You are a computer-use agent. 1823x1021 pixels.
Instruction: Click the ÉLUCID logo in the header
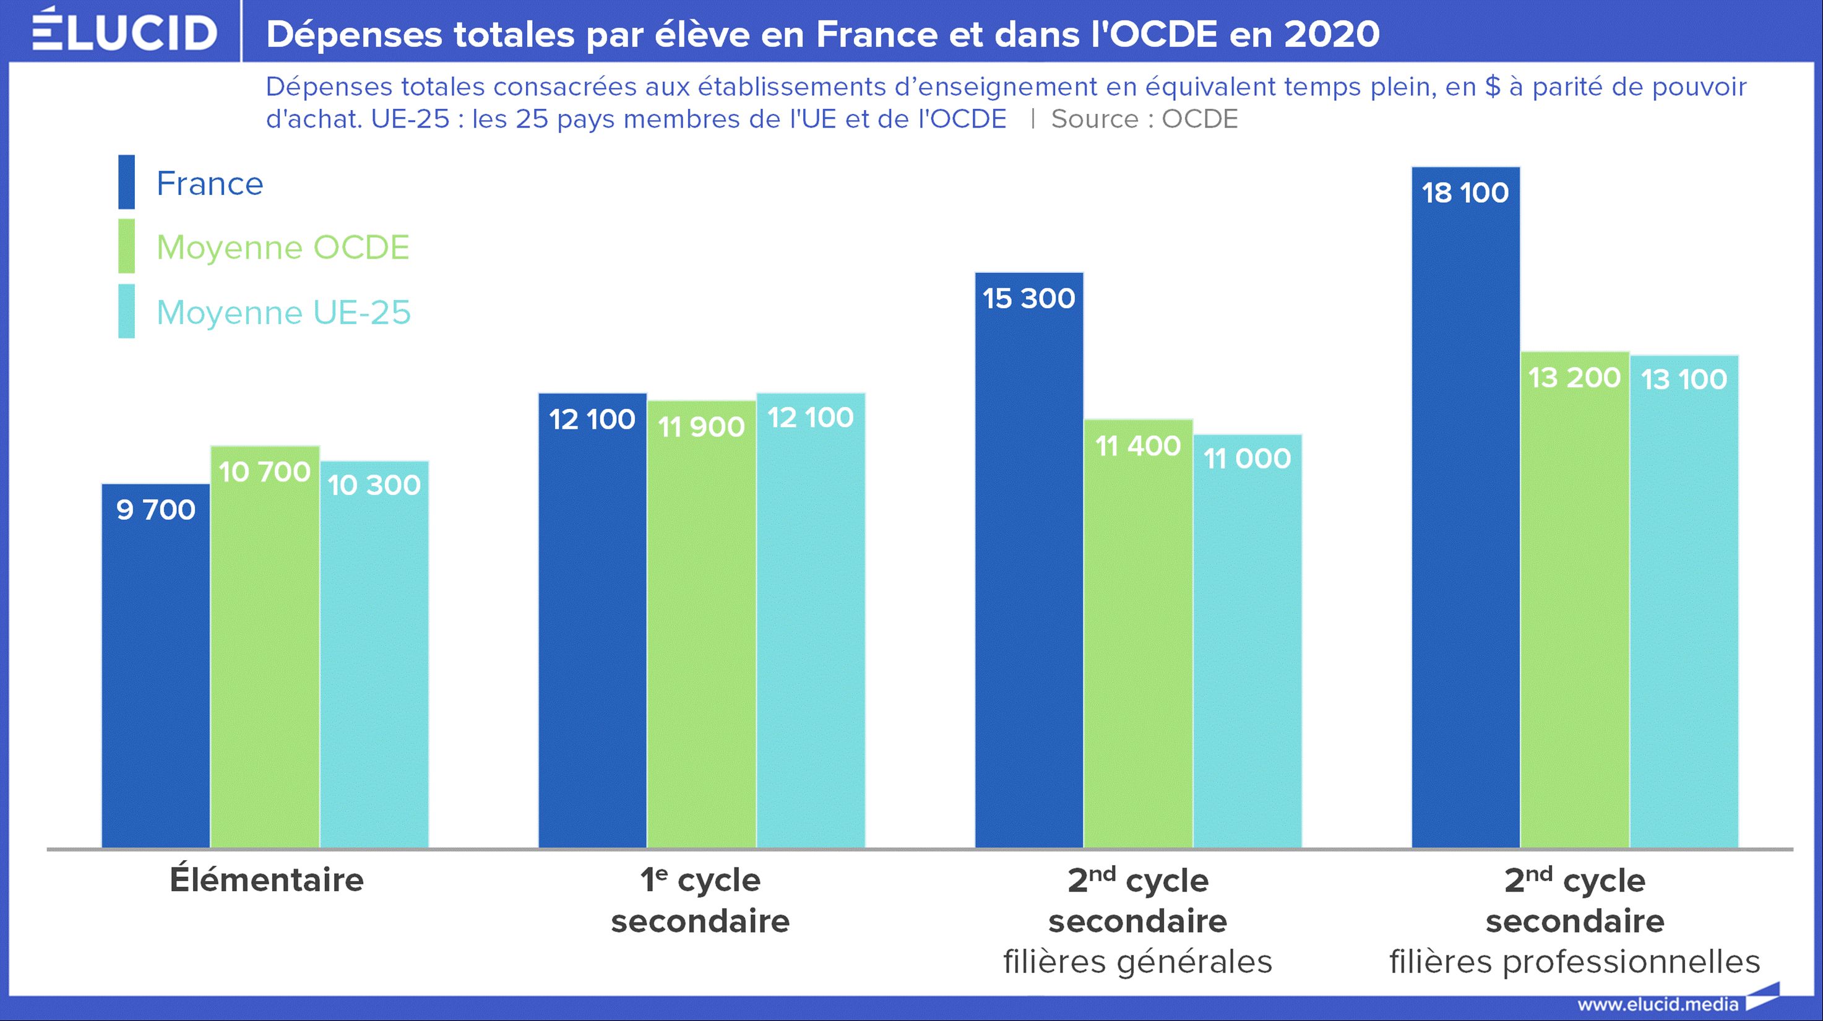124,31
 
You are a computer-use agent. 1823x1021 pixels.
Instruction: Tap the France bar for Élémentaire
156,665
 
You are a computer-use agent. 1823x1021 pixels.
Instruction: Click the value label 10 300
374,485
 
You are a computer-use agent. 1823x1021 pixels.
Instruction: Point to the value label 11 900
701,428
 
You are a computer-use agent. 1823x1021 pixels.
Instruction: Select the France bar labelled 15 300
1028,559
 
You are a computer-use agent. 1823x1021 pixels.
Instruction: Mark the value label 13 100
1684,380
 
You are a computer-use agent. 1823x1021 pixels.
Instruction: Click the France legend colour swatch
127,182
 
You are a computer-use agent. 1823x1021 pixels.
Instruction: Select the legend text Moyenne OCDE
282,248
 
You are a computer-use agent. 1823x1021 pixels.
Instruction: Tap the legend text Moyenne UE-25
283,312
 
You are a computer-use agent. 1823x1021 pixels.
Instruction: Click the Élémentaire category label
266,880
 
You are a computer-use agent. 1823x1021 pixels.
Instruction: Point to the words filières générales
1137,962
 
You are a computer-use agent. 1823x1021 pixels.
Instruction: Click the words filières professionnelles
1574,962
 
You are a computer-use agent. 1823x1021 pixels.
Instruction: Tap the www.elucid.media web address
1657,1004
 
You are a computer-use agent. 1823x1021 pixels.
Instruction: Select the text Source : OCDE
1144,119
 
